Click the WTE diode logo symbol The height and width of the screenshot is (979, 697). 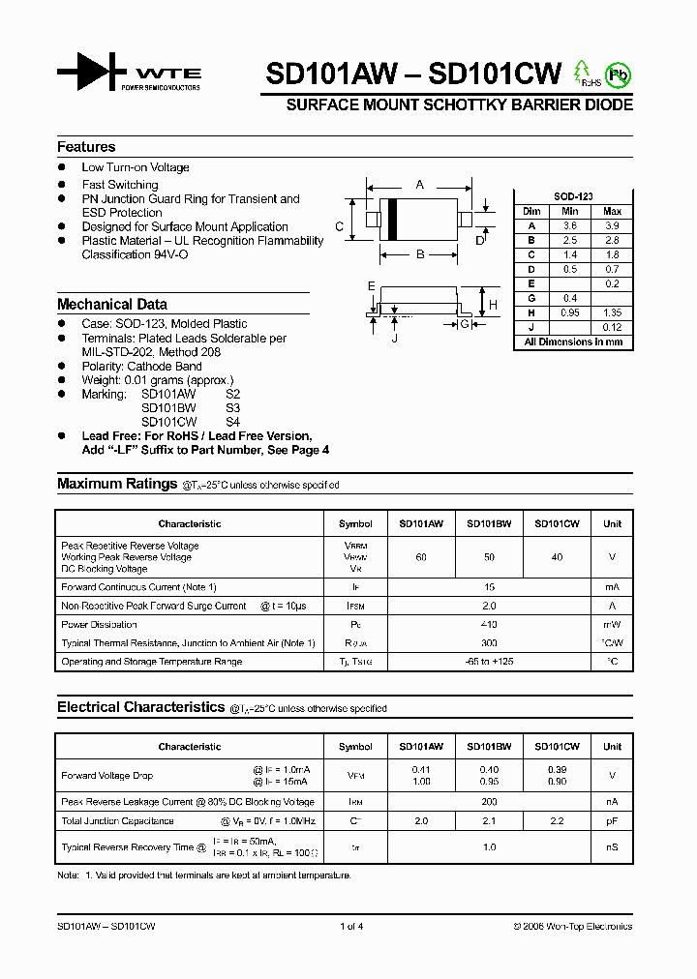92,73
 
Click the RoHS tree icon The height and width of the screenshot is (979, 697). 583,72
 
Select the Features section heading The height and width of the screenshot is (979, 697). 86,147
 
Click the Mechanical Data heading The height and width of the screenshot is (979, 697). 111,304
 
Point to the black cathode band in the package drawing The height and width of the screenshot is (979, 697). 393,219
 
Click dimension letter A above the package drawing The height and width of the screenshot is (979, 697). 419,184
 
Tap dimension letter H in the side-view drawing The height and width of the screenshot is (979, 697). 493,305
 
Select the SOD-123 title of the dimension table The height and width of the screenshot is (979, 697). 572,196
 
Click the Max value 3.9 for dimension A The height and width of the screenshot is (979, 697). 612,225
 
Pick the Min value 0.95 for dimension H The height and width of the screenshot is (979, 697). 570,312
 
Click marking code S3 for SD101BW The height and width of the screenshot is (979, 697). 232,408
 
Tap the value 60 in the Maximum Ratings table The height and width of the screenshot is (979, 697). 421,557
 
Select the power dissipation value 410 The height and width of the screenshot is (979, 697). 489,625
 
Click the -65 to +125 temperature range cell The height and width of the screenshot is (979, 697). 489,662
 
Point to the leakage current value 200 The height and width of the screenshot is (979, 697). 489,802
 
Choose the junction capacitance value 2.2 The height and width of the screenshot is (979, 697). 557,820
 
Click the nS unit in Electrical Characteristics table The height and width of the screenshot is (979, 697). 612,847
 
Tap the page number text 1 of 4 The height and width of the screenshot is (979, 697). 350,927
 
